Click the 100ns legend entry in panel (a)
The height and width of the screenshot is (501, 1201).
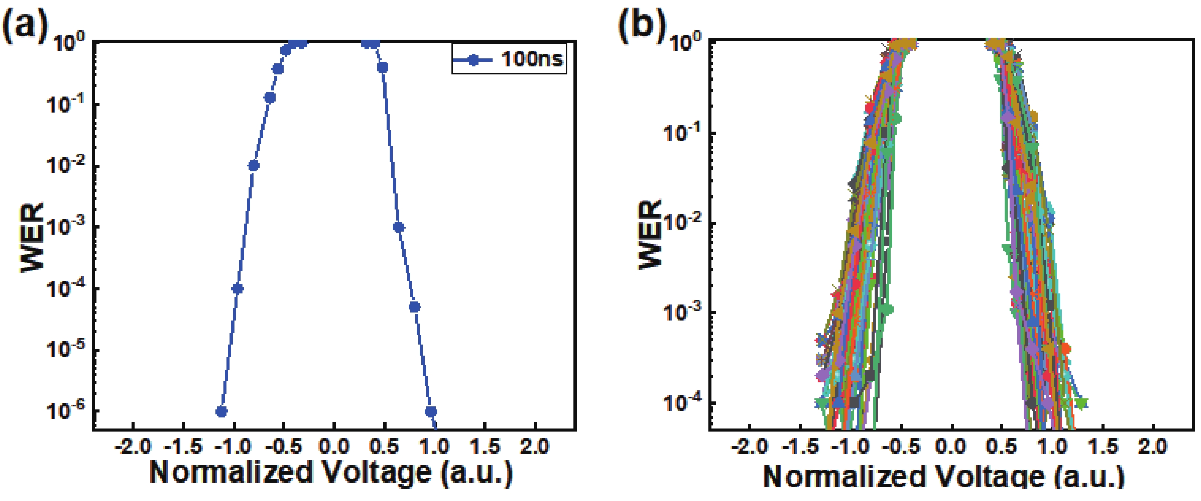click(509, 59)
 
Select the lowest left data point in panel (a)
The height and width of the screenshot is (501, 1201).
click(222, 411)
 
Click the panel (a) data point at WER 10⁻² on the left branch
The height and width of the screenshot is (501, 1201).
click(254, 166)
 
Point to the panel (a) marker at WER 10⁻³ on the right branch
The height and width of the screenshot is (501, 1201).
click(398, 227)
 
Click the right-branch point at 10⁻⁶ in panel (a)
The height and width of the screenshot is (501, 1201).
click(431, 411)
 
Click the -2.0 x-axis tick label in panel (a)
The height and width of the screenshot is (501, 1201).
click(133, 447)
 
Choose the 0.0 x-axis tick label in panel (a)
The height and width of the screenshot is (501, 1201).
click(334, 447)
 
